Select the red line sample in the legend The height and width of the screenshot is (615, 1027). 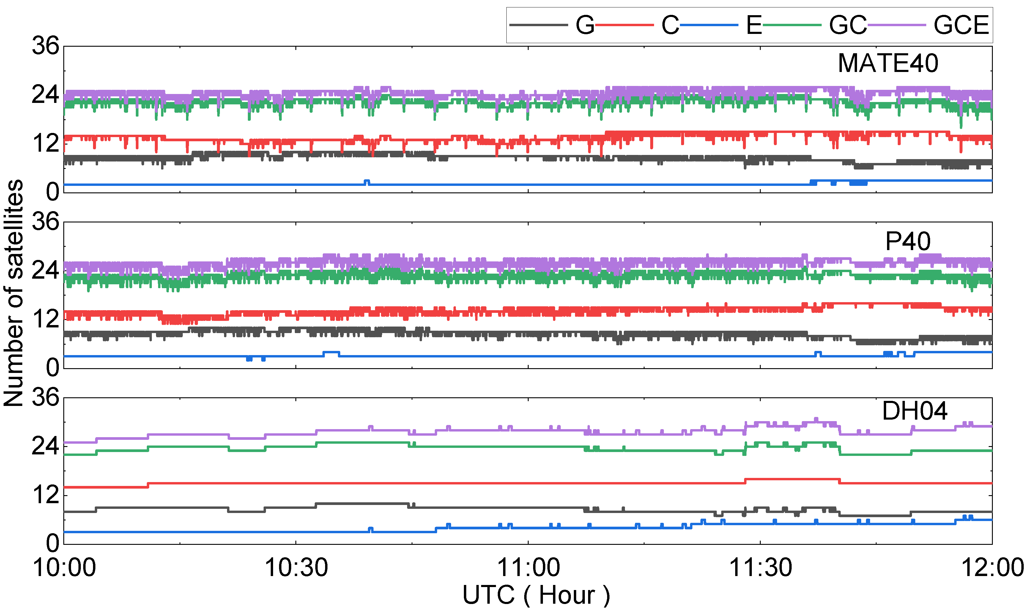click(624, 25)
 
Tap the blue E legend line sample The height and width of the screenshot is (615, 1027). click(709, 25)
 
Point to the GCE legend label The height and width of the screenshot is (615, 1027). click(961, 25)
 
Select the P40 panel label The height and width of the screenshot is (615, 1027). click(908, 241)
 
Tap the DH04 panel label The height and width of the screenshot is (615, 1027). click(915, 411)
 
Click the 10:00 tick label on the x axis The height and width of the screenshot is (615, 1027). click(64, 567)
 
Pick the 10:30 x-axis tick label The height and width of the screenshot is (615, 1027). click(296, 567)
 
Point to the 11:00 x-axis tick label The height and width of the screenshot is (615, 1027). click(528, 567)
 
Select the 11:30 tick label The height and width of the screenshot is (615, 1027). click(760, 567)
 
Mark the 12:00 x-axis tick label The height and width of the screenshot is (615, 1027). click(992, 567)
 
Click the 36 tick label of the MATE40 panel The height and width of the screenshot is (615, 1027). click(45, 46)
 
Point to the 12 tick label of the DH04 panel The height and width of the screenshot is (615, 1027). click(45, 495)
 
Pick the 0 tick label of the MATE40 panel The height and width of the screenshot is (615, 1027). click(52, 192)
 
